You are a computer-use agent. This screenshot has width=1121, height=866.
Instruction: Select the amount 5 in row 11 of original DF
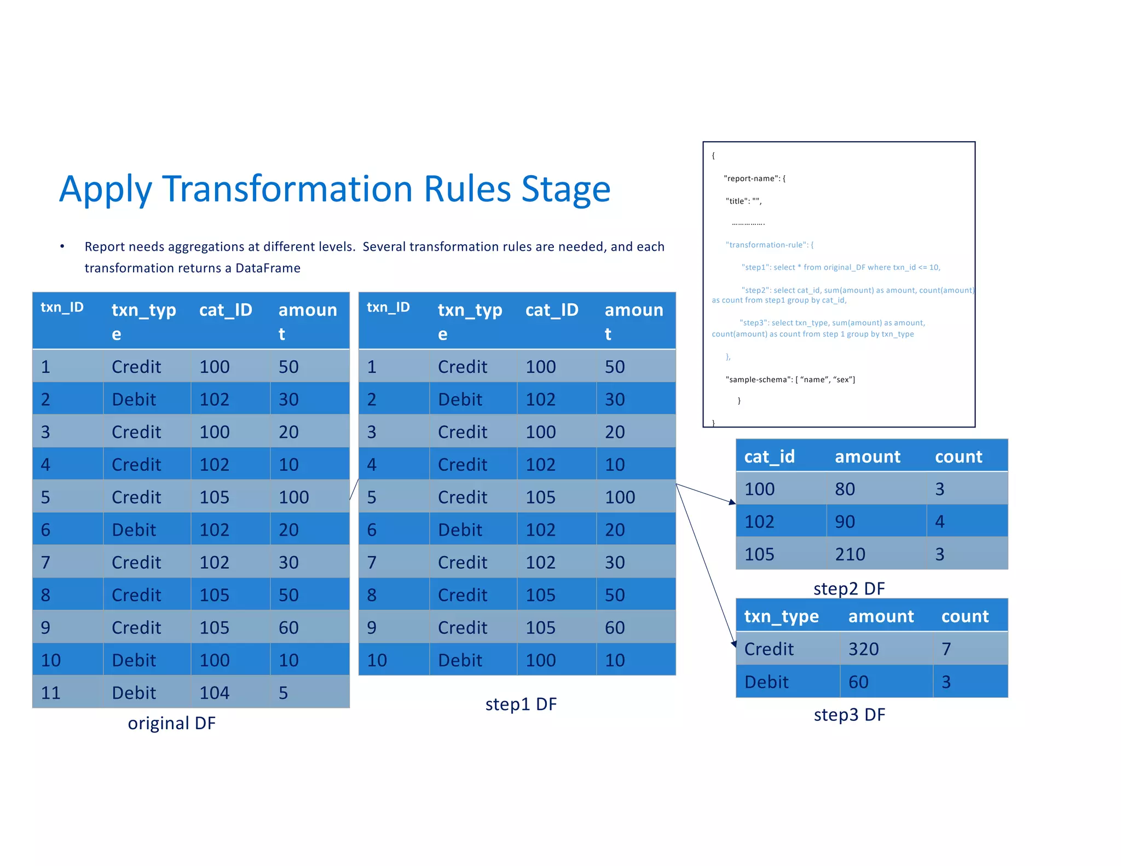tap(284, 692)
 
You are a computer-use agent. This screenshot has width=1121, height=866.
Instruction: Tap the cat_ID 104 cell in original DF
tap(214, 692)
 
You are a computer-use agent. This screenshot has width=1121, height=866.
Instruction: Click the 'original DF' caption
tap(171, 723)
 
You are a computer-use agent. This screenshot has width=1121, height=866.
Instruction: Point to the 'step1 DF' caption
tap(521, 704)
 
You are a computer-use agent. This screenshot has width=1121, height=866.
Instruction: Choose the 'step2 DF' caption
tap(849, 588)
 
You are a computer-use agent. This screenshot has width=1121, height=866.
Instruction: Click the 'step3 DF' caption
tap(849, 714)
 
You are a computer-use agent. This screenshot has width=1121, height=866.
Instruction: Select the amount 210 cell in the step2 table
tap(850, 554)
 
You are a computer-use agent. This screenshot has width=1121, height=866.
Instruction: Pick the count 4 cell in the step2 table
tap(940, 521)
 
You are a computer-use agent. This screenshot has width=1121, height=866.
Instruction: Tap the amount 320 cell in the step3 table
tap(863, 649)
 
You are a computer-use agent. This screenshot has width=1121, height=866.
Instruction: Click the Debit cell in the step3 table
tap(766, 682)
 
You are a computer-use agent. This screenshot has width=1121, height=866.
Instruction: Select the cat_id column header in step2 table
tap(769, 456)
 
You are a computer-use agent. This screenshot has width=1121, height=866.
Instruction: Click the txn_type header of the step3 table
tap(781, 616)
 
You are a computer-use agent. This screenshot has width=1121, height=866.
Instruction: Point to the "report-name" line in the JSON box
tap(754, 178)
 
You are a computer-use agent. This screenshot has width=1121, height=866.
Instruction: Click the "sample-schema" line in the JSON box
tap(790, 379)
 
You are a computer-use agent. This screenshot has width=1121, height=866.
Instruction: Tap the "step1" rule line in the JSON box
tap(840, 267)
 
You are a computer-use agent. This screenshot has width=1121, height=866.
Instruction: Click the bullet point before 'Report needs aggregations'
tap(62, 247)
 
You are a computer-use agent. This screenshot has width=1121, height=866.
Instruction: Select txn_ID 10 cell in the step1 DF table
tap(377, 660)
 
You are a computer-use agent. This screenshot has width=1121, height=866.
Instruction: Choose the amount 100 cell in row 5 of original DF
tap(294, 497)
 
